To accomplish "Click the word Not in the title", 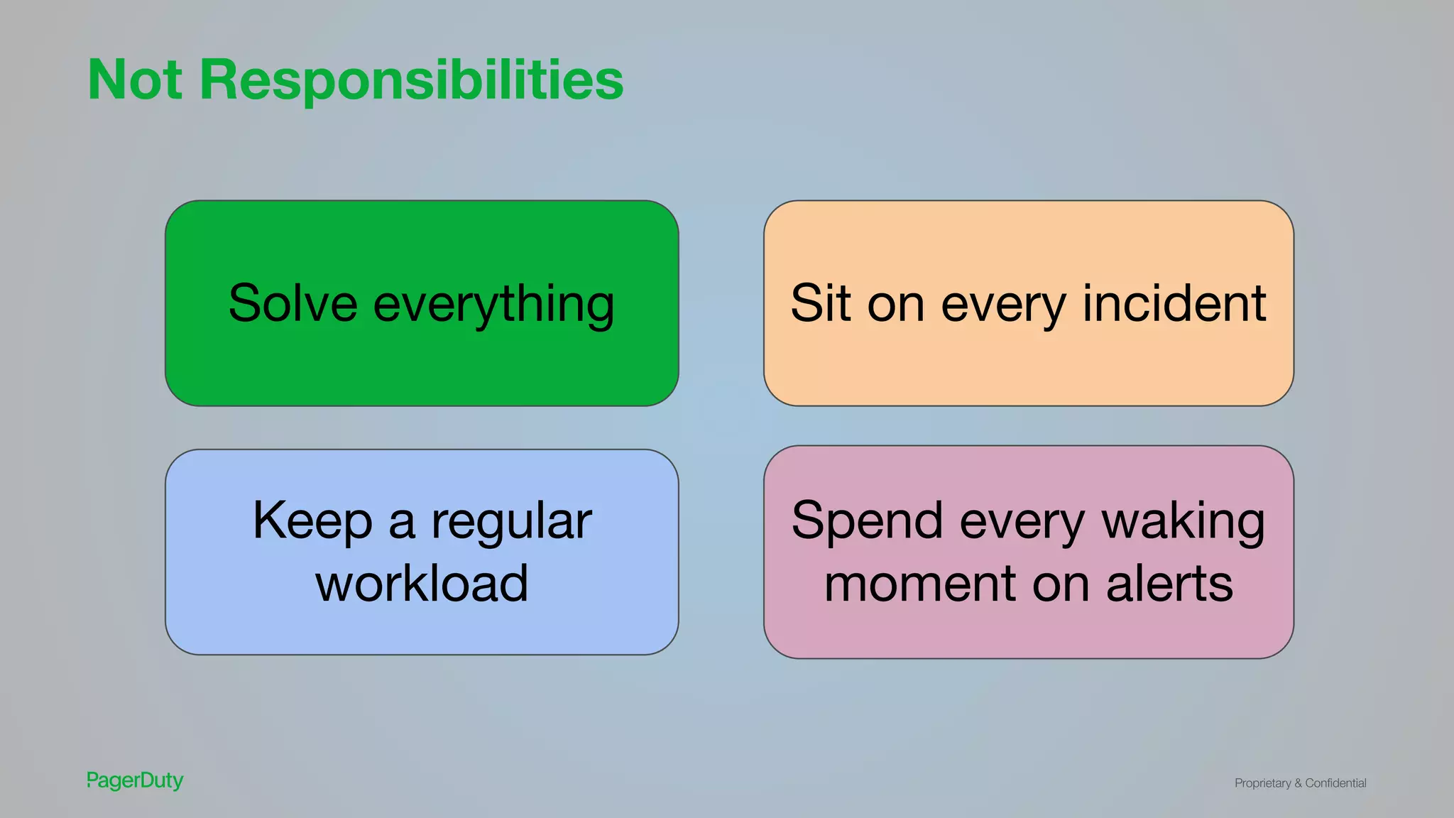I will coord(135,80).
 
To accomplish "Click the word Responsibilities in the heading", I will coord(411,80).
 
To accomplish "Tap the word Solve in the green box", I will coord(293,303).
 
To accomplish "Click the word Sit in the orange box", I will coord(820,303).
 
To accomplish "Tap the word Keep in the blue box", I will coord(312,522).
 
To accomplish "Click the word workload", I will coord(422,584).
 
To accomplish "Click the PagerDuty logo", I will coord(135,780).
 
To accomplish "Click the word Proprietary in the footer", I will coord(1262,783).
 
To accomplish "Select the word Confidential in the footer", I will coord(1335,782).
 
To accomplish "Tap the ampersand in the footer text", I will coord(1298,783).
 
